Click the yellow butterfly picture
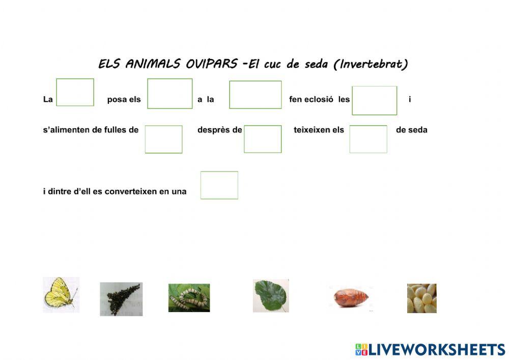click(x=61, y=294)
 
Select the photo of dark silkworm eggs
click(x=121, y=299)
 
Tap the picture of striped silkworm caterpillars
click(x=189, y=297)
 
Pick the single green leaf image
click(x=271, y=295)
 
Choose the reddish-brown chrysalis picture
click(x=351, y=296)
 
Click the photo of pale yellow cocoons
click(x=421, y=298)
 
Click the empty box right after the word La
click(x=75, y=92)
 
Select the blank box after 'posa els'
click(x=170, y=94)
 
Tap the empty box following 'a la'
click(x=256, y=95)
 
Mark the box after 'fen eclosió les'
click(x=375, y=100)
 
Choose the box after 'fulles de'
click(x=164, y=139)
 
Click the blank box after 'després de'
click(x=263, y=139)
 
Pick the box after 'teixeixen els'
click(x=369, y=139)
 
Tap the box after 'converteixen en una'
click(x=219, y=185)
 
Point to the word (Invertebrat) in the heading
click(x=374, y=64)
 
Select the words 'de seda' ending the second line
click(x=412, y=130)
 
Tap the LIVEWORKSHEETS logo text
click(x=437, y=349)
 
